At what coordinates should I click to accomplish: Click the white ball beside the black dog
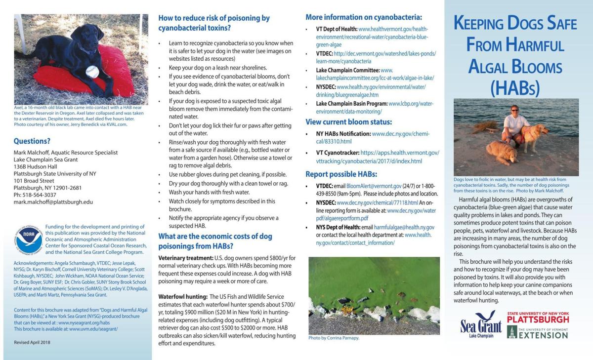pos(92,72)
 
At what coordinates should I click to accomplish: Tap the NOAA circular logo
pos(28,240)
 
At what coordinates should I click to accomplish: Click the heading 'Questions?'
pos(32,141)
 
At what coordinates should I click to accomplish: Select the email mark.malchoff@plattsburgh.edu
pos(53,202)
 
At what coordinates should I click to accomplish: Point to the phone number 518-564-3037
pos(40,195)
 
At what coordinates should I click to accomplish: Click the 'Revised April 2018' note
pos(32,342)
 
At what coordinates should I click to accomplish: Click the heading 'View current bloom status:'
pos(349,122)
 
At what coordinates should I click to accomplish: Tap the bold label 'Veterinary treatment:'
pos(185,258)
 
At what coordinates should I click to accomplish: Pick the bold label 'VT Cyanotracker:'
pos(337,153)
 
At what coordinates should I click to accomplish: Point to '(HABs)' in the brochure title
pos(515,87)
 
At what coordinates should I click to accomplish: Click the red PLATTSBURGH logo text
pos(538,320)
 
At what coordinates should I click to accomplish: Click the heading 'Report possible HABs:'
pos(341,174)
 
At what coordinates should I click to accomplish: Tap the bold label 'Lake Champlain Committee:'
pos(347,71)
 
